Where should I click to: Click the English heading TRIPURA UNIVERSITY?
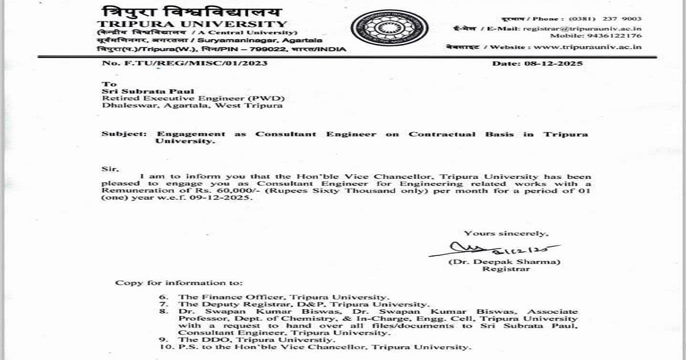pos(192,23)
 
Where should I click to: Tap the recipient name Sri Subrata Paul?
pos(133,91)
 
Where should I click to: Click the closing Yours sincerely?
pos(506,233)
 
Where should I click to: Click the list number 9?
pos(165,339)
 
